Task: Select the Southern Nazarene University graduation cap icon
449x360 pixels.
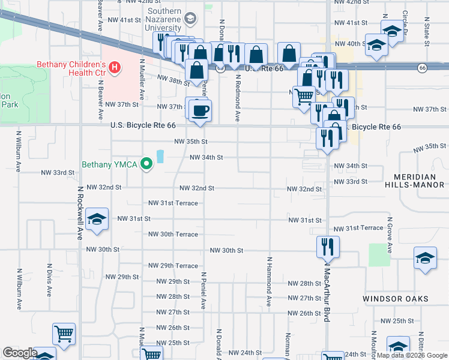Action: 190,19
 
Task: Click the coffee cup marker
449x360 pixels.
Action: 200,110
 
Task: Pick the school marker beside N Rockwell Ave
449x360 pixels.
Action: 96,219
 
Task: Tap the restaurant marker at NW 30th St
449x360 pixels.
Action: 328,247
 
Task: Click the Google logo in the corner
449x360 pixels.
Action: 20,353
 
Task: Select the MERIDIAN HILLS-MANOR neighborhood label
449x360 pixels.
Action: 419,181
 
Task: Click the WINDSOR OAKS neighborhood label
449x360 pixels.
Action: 395,298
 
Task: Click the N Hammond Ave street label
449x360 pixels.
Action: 270,282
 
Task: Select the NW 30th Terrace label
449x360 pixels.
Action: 173,235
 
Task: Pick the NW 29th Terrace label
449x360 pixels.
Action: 173,266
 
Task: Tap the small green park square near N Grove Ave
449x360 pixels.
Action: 378,254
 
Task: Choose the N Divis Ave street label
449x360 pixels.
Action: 49,279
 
